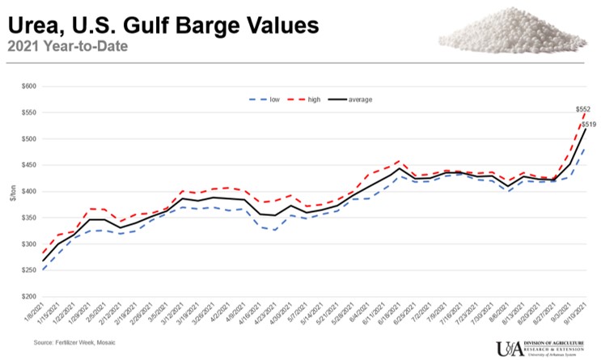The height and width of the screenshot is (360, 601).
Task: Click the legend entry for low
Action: tap(268, 100)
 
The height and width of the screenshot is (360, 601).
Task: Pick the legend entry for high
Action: tap(309, 100)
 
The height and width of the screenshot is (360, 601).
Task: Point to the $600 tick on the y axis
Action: tap(29, 86)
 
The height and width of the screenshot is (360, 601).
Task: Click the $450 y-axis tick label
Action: tap(29, 165)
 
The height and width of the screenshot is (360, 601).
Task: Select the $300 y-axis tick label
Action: tap(29, 244)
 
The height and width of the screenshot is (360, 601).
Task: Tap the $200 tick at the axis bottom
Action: tap(29, 297)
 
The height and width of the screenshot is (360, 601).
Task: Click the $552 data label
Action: tap(582, 109)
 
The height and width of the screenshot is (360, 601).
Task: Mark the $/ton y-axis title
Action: tap(12, 192)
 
